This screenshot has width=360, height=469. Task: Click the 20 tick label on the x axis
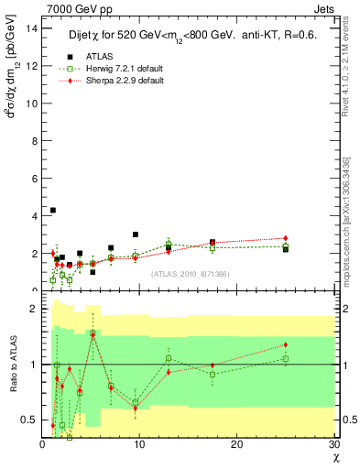pyautogui.click(x=236, y=444)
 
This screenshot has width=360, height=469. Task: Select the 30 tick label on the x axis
pyautogui.click(x=333, y=444)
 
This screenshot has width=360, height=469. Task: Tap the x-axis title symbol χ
pyautogui.click(x=335, y=457)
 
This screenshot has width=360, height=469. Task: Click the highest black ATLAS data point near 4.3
pyautogui.click(x=52, y=210)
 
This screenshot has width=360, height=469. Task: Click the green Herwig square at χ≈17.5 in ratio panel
pyautogui.click(x=213, y=374)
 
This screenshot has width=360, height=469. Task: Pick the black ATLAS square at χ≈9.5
pyautogui.click(x=135, y=234)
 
